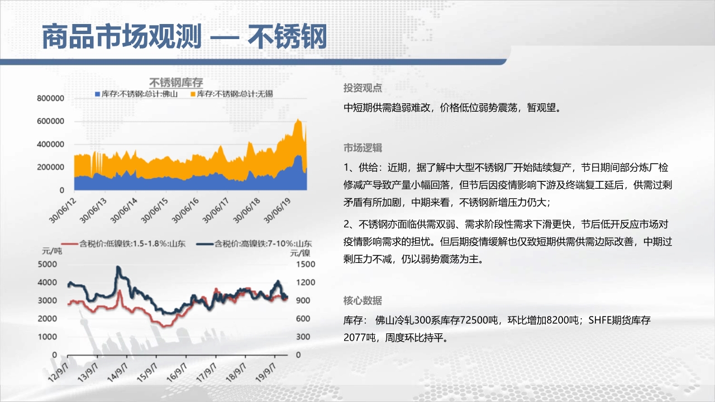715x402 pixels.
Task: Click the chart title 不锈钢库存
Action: (176, 83)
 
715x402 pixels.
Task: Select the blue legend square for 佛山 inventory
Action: (98, 94)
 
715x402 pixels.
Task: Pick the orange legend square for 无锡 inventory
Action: (193, 94)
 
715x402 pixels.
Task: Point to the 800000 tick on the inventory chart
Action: (50, 98)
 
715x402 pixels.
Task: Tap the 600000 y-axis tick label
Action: (50, 121)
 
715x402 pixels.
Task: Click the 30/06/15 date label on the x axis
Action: (155, 210)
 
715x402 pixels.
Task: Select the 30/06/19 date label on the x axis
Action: (278, 210)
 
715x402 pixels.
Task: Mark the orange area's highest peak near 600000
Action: (298, 119)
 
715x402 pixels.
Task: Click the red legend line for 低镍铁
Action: (70, 244)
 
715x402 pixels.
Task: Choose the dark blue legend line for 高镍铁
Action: (204, 244)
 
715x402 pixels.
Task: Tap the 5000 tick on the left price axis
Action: (47, 264)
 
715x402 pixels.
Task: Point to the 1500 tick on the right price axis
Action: (306, 264)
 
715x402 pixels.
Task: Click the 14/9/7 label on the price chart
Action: (117, 372)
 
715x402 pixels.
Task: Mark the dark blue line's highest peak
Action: (118, 267)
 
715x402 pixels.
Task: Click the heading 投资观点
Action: (363, 88)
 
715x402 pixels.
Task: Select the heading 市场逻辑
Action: (363, 148)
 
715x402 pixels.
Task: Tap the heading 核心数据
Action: (363, 300)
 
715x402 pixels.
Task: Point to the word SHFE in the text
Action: (599, 320)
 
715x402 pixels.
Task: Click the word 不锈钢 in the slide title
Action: (288, 36)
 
